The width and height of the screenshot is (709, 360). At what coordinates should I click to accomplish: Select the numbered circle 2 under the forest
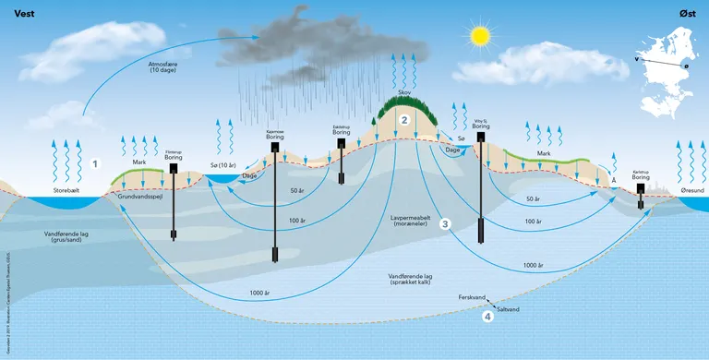(403, 119)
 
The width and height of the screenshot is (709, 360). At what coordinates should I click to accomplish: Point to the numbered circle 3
(444, 223)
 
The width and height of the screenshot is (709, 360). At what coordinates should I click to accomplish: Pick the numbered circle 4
(487, 317)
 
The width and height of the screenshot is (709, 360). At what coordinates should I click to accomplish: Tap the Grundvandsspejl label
(140, 196)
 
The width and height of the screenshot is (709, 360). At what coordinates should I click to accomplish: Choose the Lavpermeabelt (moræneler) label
(405, 220)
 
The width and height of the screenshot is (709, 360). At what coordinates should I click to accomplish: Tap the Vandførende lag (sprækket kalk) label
(406, 278)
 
